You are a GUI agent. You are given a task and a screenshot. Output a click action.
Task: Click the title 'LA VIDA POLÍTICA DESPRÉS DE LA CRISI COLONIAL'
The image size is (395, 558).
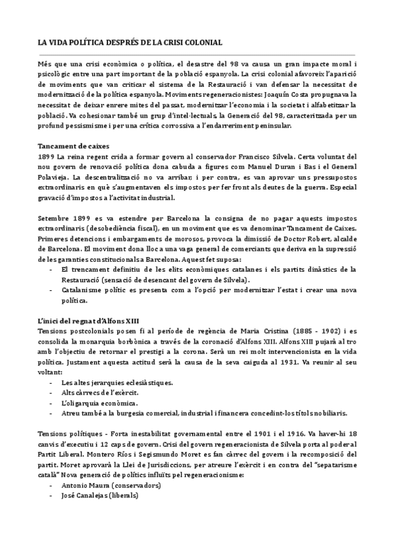point(130,42)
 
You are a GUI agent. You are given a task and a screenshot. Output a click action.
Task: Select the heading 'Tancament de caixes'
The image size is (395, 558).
point(72,145)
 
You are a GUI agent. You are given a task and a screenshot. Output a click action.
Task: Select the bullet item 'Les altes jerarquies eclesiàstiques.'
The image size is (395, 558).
point(108,382)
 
